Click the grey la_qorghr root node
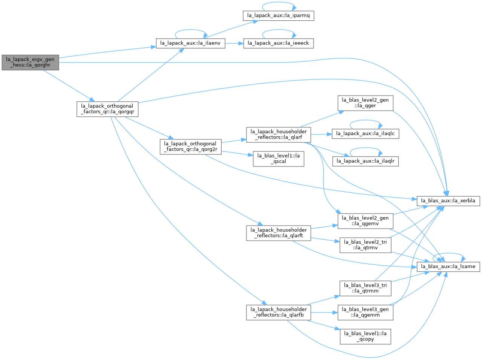(30, 63)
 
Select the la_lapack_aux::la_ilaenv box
(190, 43)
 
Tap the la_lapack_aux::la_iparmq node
(278, 16)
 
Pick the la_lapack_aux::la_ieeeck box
(278, 43)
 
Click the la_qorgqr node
(107, 109)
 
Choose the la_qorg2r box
(191, 147)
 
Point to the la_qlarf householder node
(278, 135)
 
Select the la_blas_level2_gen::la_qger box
(366, 103)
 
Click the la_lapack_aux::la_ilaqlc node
(366, 134)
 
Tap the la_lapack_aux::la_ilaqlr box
(366, 161)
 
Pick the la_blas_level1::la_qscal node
(278, 159)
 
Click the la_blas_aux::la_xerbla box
(448, 201)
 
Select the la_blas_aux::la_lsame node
(448, 267)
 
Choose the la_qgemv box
(366, 221)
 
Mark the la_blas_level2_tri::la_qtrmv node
(366, 245)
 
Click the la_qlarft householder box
(278, 233)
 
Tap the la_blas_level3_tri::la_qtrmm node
(366, 288)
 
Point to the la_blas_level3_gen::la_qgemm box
(366, 313)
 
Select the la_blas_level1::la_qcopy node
(366, 337)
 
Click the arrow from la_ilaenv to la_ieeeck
(234, 43)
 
